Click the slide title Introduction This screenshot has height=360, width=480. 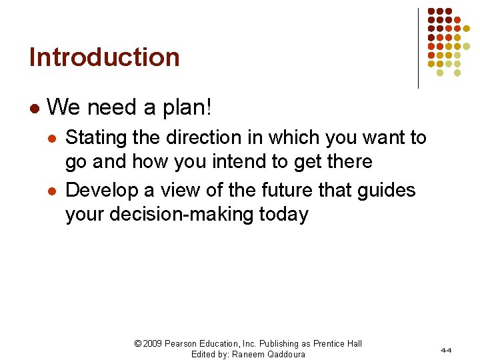click(x=105, y=57)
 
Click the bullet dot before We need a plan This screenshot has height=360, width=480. click(x=34, y=107)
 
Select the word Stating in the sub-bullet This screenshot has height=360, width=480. click(x=96, y=138)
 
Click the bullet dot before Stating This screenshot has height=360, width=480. click(x=51, y=139)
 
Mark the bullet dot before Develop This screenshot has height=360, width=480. click(x=51, y=191)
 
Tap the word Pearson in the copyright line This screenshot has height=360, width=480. click(x=186, y=343)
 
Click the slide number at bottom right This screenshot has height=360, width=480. click(x=446, y=349)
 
